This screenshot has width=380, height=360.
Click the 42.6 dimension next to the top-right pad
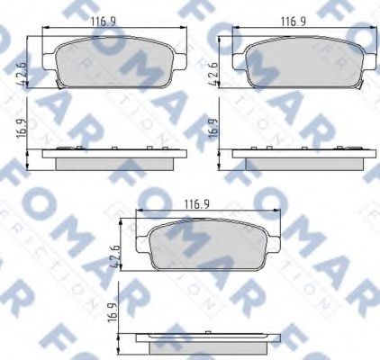pyautogui.click(x=213, y=70)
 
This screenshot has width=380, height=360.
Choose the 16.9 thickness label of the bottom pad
pyautogui.click(x=114, y=315)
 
